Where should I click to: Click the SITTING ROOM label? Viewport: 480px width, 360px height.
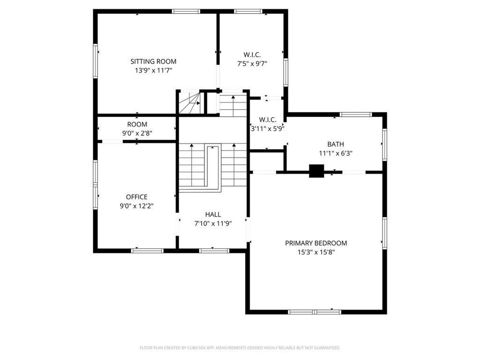pyautogui.click(x=153, y=61)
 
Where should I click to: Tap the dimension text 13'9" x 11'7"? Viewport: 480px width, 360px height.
pyautogui.click(x=153, y=70)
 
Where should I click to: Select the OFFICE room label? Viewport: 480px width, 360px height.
pyautogui.click(x=136, y=197)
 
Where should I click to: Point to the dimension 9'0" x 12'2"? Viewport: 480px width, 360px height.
pyautogui.click(x=136, y=206)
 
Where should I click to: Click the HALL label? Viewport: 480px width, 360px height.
pyautogui.click(x=213, y=214)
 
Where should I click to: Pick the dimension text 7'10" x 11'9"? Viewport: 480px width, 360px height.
pyautogui.click(x=213, y=223)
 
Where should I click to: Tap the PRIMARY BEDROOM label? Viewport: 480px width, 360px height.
pyautogui.click(x=316, y=243)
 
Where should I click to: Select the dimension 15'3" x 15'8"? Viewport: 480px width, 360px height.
pyautogui.click(x=316, y=252)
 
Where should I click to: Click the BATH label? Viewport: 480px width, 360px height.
pyautogui.click(x=336, y=144)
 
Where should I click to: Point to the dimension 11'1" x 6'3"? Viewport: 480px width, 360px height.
pyautogui.click(x=336, y=153)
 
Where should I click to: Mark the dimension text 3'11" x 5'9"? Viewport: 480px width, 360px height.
pyautogui.click(x=267, y=128)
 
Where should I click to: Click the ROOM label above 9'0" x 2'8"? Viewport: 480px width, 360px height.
pyautogui.click(x=137, y=124)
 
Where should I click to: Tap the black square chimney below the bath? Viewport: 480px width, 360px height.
pyautogui.click(x=316, y=171)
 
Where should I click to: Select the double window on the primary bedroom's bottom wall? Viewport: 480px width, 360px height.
pyautogui.click(x=315, y=311)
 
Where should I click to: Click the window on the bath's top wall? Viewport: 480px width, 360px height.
pyautogui.click(x=355, y=114)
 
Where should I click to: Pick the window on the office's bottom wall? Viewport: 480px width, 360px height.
pyautogui.click(x=147, y=250)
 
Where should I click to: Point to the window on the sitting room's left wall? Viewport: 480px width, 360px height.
pyautogui.click(x=95, y=61)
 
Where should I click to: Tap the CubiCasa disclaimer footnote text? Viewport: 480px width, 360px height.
pyautogui.click(x=240, y=348)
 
